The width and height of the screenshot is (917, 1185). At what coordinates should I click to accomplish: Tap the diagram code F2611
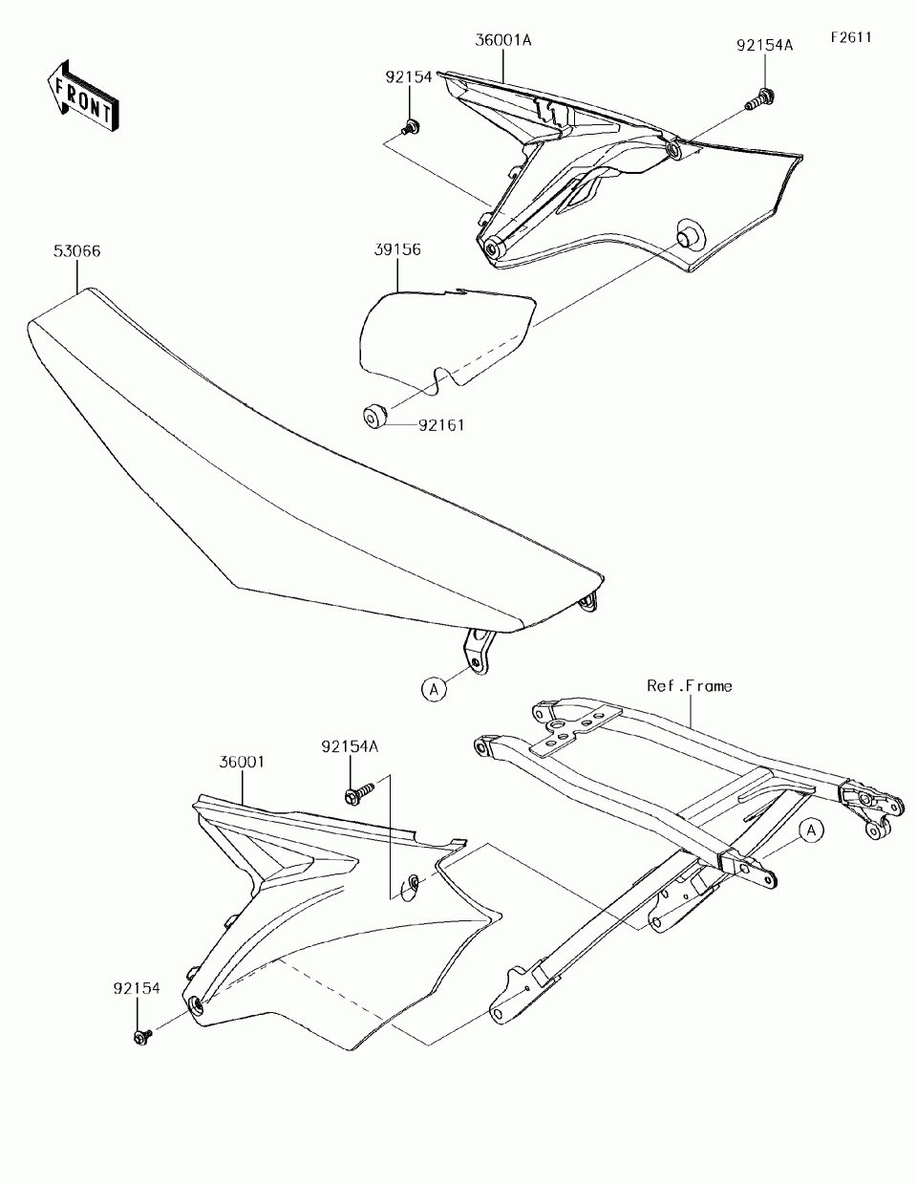click(851, 38)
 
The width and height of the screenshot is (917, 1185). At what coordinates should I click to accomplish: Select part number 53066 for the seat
click(77, 252)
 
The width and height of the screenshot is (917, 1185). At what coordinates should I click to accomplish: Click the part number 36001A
click(502, 41)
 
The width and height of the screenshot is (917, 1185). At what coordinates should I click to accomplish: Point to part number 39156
click(396, 250)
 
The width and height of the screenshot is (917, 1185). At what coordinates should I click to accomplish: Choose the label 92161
click(440, 425)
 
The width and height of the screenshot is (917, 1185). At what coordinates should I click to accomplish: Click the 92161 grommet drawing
click(373, 416)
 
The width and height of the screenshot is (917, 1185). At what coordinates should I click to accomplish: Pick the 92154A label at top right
click(764, 45)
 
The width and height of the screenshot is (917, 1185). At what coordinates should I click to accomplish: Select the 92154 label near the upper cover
click(409, 77)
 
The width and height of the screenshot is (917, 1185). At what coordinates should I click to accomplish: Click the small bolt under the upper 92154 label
click(412, 125)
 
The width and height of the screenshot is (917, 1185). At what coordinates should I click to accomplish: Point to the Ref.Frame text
click(690, 686)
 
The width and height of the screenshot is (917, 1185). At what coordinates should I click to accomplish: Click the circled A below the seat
click(434, 687)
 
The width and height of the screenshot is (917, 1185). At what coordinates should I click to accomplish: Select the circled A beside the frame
click(810, 831)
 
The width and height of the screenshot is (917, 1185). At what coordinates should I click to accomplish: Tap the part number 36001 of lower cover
click(242, 763)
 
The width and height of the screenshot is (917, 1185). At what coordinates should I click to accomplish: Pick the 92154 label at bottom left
click(136, 989)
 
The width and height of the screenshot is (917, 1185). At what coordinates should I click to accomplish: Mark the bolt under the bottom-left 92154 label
click(142, 1035)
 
